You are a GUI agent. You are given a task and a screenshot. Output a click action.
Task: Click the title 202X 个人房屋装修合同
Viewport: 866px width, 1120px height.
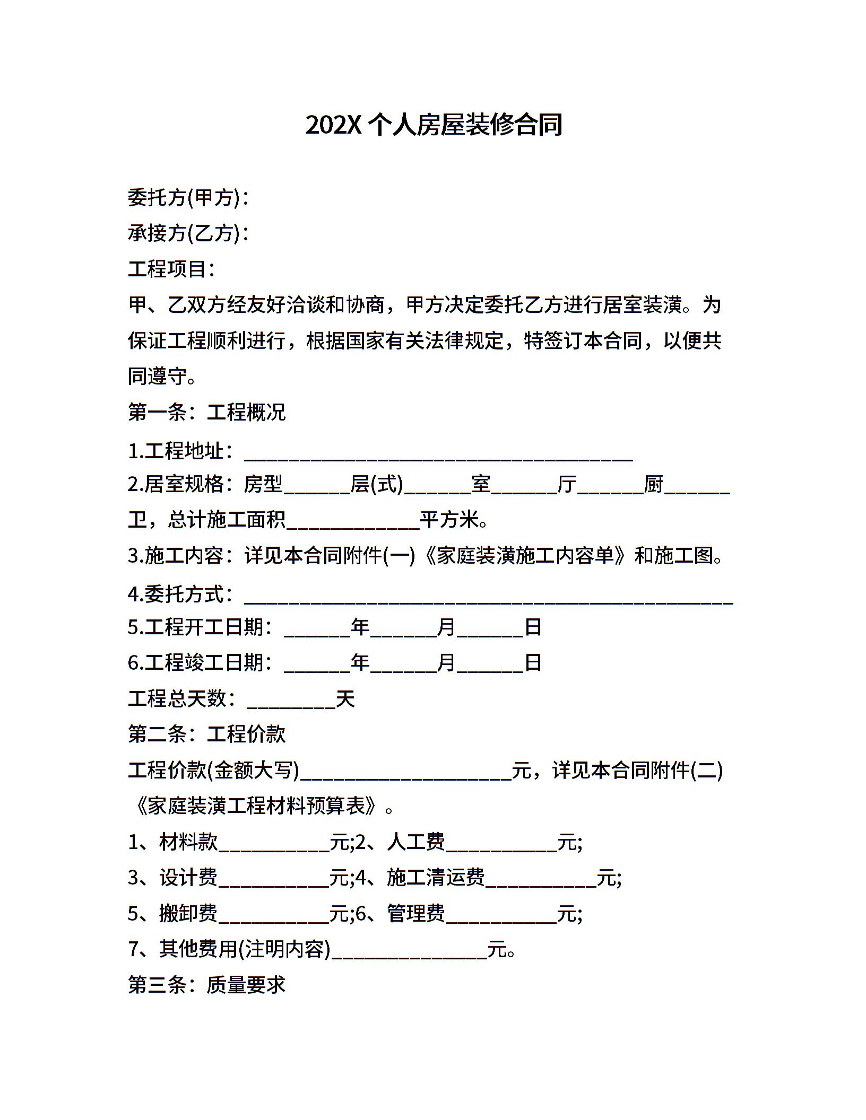point(433,125)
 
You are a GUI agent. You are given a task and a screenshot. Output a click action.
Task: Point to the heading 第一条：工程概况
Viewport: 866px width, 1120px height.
point(206,412)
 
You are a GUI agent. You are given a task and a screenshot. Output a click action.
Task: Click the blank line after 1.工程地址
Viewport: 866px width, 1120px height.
point(438,454)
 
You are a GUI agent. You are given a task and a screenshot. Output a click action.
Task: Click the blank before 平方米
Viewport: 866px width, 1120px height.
point(352,522)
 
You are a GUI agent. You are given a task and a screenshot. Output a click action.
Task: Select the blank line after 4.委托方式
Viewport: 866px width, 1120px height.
point(488,596)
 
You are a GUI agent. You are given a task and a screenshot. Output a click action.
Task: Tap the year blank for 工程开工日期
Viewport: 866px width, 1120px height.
point(317,629)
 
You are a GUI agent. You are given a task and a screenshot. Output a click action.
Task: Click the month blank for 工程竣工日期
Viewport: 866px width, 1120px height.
point(403,664)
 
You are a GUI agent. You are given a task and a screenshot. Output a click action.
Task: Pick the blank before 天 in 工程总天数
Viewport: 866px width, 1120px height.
point(291,701)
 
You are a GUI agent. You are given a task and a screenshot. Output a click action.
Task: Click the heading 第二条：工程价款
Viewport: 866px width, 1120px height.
point(206,734)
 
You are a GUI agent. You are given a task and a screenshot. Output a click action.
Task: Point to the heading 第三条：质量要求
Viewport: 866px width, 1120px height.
point(206,985)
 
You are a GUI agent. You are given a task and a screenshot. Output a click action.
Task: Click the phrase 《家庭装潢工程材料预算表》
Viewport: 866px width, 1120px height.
point(257,806)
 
